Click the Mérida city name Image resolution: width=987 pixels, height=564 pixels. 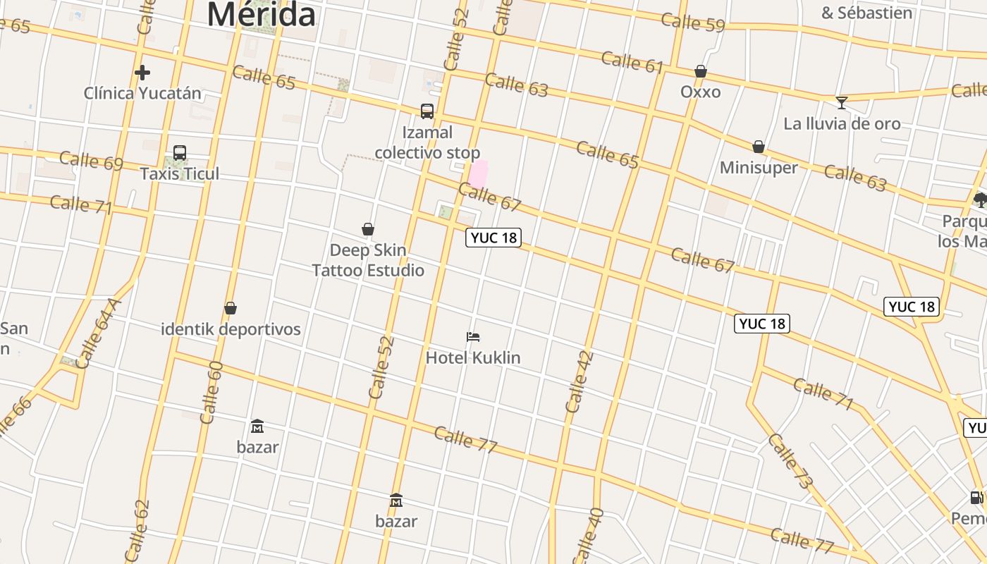pos(261,14)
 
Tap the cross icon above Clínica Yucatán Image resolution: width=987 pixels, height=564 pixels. pos(142,73)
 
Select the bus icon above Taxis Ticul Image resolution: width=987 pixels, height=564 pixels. pos(180,153)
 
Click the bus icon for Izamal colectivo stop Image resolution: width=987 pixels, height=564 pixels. pos(427,111)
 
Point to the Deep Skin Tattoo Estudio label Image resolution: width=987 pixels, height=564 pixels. pos(368,260)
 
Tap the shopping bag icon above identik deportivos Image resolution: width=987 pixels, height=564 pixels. pos(231,309)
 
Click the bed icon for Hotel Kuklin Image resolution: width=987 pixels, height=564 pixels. pos(473,338)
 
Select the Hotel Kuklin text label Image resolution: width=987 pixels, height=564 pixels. pos(473,357)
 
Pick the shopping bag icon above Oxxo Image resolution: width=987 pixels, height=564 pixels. pos(701,71)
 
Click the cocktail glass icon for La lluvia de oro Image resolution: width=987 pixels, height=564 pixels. pos(842,103)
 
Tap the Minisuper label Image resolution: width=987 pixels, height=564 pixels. pos(759,168)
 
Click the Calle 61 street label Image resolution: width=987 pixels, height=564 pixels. pos(632,62)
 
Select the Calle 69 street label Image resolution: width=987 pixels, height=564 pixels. pos(92,160)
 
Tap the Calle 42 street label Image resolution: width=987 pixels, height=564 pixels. pos(580,381)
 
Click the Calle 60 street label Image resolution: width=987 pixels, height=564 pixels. pos(211,392)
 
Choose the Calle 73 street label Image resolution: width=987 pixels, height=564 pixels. pos(791,462)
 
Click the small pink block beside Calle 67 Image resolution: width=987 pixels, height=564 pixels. pos(479,174)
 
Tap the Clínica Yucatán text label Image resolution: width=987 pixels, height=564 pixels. pos(142,93)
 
